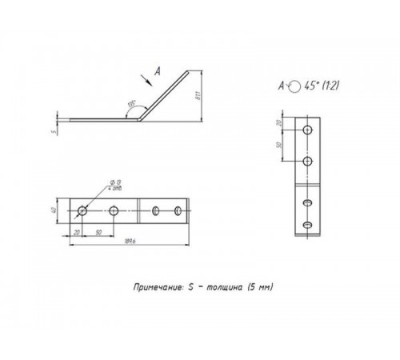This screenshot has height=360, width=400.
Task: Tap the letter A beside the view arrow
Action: (157, 70)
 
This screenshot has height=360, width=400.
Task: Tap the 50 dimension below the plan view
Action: (98, 232)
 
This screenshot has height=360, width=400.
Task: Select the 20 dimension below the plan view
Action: (77, 232)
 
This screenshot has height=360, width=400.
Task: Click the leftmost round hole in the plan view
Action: (82, 211)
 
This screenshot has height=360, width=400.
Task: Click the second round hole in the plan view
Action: (114, 211)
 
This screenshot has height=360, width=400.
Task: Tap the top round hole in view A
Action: (307, 129)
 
